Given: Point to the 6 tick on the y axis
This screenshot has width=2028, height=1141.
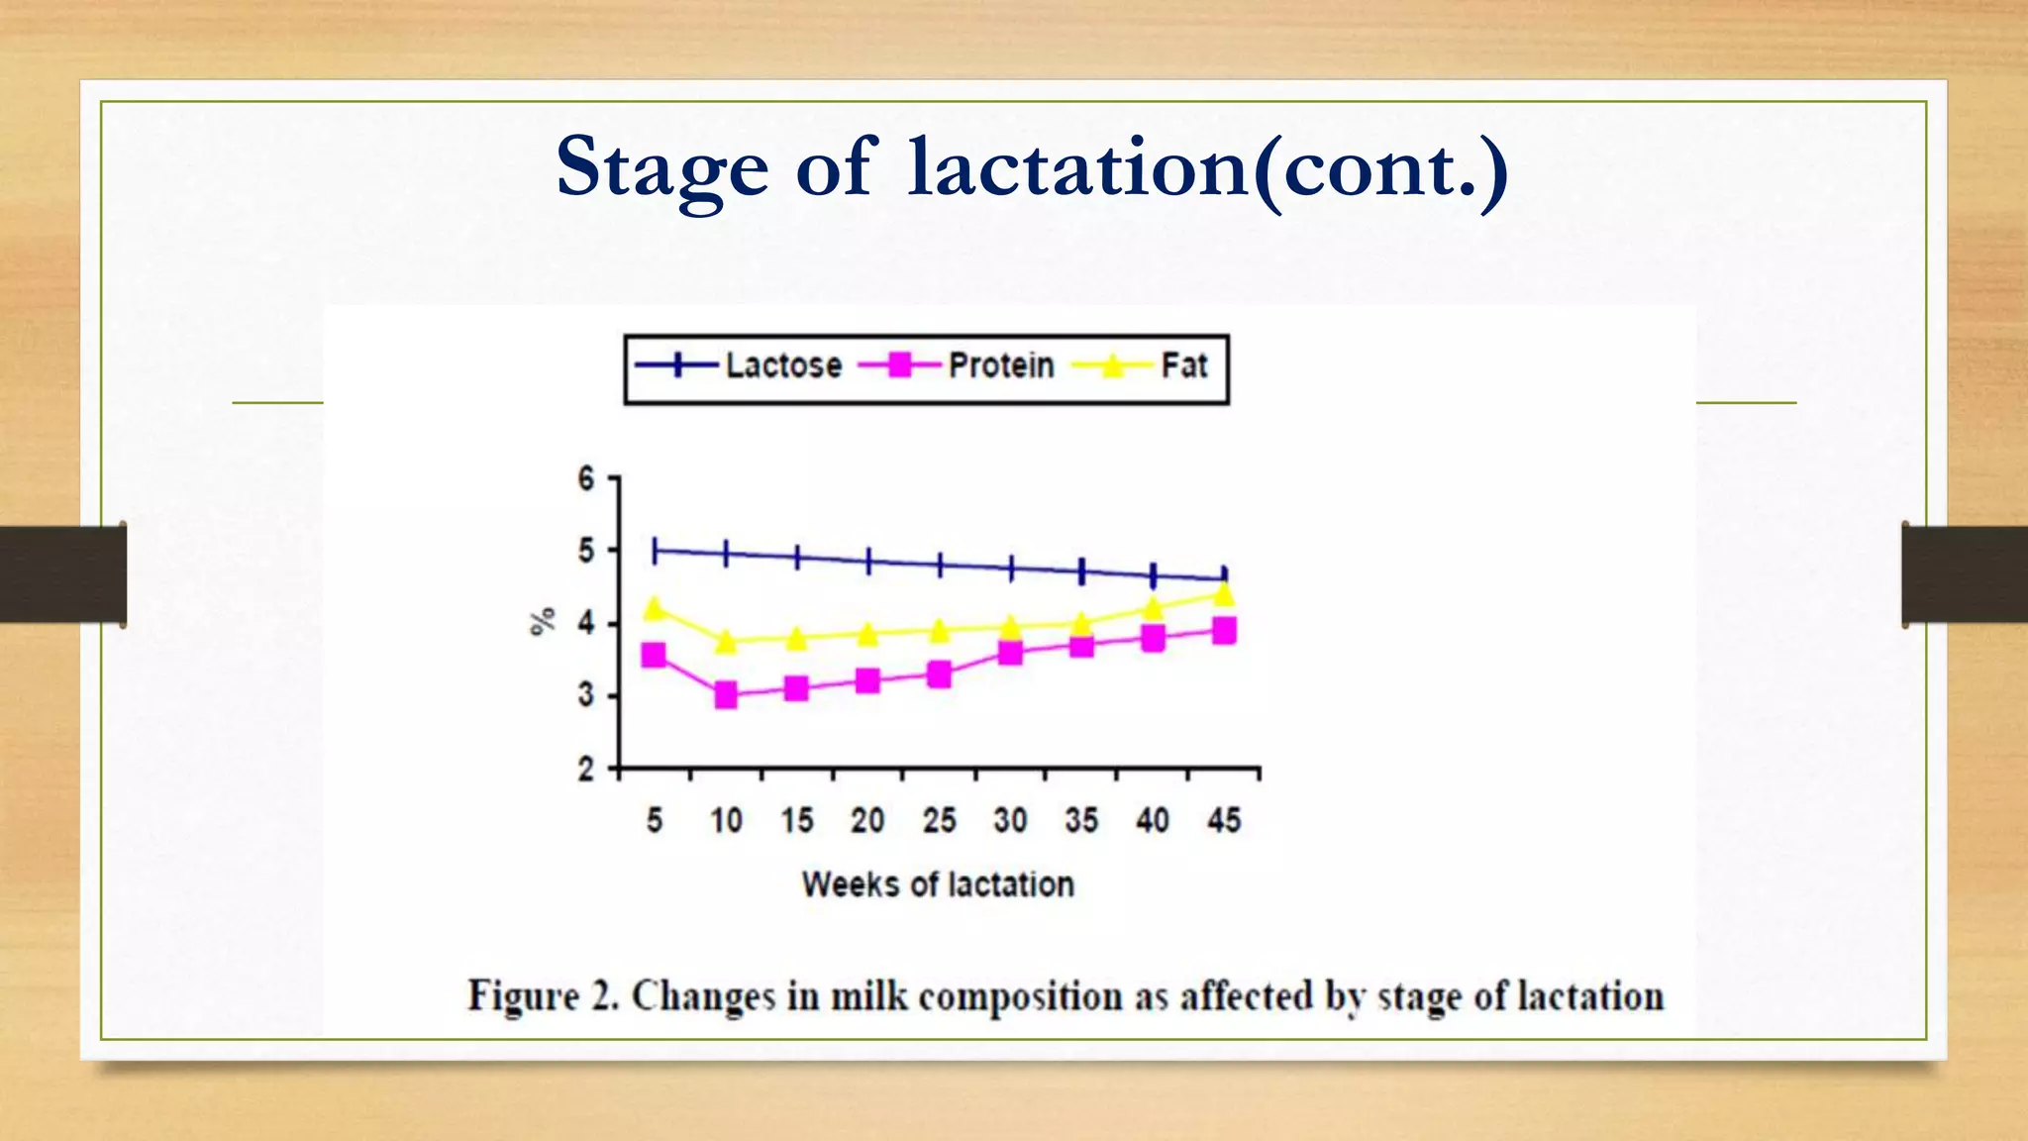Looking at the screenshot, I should coord(586,479).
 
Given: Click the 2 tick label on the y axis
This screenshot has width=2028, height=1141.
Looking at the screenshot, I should coord(586,769).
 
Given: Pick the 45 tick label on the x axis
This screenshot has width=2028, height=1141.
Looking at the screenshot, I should coord(1224,820).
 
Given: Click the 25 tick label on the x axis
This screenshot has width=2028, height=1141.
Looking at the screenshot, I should coord(939,820).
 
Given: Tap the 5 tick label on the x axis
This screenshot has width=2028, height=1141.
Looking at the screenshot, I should coord(655,820).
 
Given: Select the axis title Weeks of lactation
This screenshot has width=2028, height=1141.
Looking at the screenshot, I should coord(938,883).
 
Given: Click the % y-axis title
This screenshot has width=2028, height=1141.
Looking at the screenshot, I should coord(543,622).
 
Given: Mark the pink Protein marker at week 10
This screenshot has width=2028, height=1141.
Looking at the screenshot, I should coord(726,695).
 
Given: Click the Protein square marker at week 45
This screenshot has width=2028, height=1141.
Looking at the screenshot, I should coord(1224,631).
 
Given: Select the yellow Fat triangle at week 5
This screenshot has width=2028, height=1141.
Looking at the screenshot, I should coord(654,607).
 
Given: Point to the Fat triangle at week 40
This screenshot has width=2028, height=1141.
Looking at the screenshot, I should coord(1153,607).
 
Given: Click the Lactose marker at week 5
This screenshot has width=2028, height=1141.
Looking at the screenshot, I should coord(655,551).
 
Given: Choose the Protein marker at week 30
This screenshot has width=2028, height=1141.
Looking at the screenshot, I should coord(1010,653).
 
